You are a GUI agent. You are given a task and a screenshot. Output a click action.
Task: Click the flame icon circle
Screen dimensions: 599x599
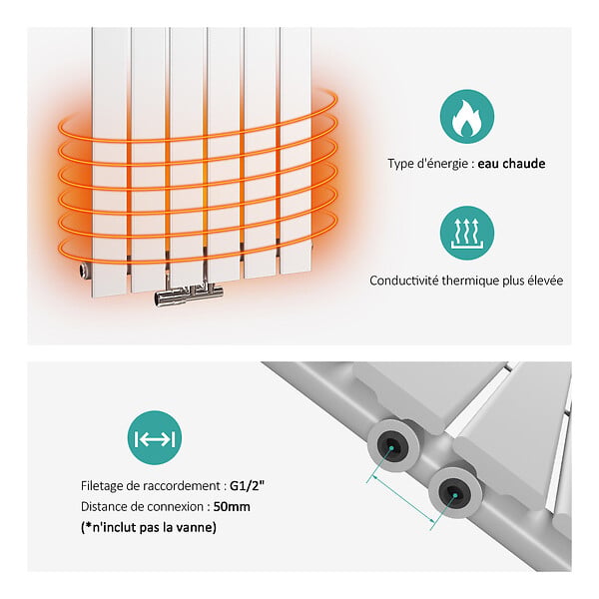coord(467,117)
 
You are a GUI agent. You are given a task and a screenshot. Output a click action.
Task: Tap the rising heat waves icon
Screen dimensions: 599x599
coord(467,233)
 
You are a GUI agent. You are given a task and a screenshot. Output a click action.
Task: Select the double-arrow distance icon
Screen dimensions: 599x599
coord(155,438)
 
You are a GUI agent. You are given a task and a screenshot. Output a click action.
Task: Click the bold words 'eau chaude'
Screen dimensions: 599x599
coord(511,164)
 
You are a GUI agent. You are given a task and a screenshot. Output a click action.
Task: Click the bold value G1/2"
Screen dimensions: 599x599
coord(248,486)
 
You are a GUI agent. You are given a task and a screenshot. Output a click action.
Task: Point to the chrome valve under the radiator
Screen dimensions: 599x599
coord(189,294)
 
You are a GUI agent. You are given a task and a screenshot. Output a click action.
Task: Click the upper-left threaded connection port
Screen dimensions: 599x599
coord(392,445)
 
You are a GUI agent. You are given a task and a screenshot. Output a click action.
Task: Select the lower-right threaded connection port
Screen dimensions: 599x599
coord(454,493)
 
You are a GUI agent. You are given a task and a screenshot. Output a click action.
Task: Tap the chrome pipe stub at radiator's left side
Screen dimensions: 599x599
coord(85,270)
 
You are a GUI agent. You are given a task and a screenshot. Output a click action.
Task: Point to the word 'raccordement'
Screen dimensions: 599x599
coord(182,486)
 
